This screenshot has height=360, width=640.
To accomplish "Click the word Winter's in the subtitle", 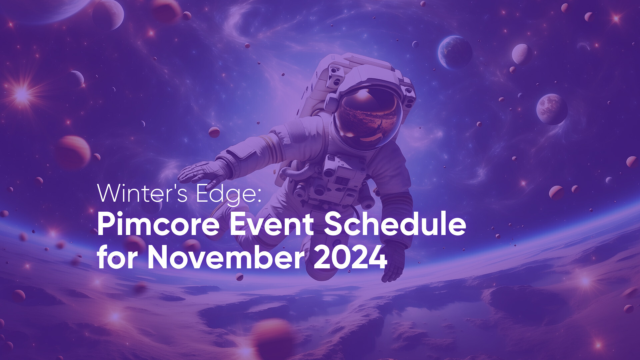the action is (142, 193).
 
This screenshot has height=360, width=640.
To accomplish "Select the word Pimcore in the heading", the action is (158, 225).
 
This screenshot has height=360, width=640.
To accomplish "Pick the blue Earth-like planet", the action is (455, 52).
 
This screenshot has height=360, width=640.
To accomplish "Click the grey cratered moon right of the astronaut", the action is (552, 109).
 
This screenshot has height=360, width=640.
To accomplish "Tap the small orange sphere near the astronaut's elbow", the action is (214, 132).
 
